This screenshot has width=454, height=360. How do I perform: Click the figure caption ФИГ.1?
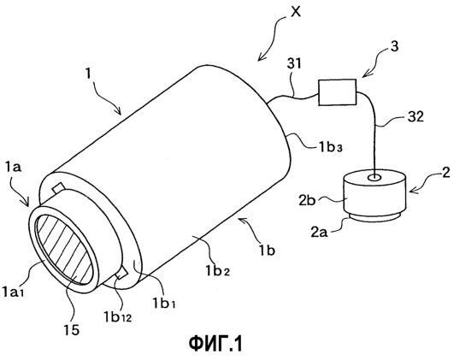click(215, 344)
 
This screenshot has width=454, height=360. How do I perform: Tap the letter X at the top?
click(295, 12)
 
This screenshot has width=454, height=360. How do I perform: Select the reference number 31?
click(293, 64)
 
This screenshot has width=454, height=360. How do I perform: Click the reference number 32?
click(415, 117)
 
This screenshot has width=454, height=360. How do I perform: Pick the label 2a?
click(320, 232)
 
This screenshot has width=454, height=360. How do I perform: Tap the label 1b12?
click(118, 317)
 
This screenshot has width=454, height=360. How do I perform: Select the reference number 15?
click(72, 329)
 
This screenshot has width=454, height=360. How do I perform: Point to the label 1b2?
click(218, 271)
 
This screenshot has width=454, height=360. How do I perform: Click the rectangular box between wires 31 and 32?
click(338, 92)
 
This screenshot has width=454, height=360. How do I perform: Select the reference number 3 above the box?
click(395, 47)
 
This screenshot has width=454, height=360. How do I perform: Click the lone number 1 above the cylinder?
click(88, 74)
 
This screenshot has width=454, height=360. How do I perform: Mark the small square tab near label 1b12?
click(121, 274)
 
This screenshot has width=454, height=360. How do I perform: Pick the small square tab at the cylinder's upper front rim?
click(59, 187)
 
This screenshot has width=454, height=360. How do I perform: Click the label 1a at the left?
click(13, 168)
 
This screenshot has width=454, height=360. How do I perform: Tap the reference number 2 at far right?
click(447, 173)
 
